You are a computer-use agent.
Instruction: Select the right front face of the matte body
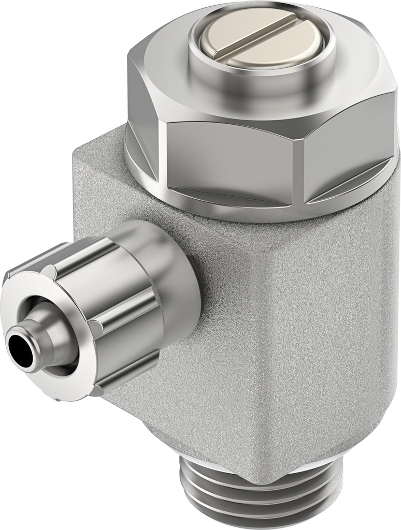332,336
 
